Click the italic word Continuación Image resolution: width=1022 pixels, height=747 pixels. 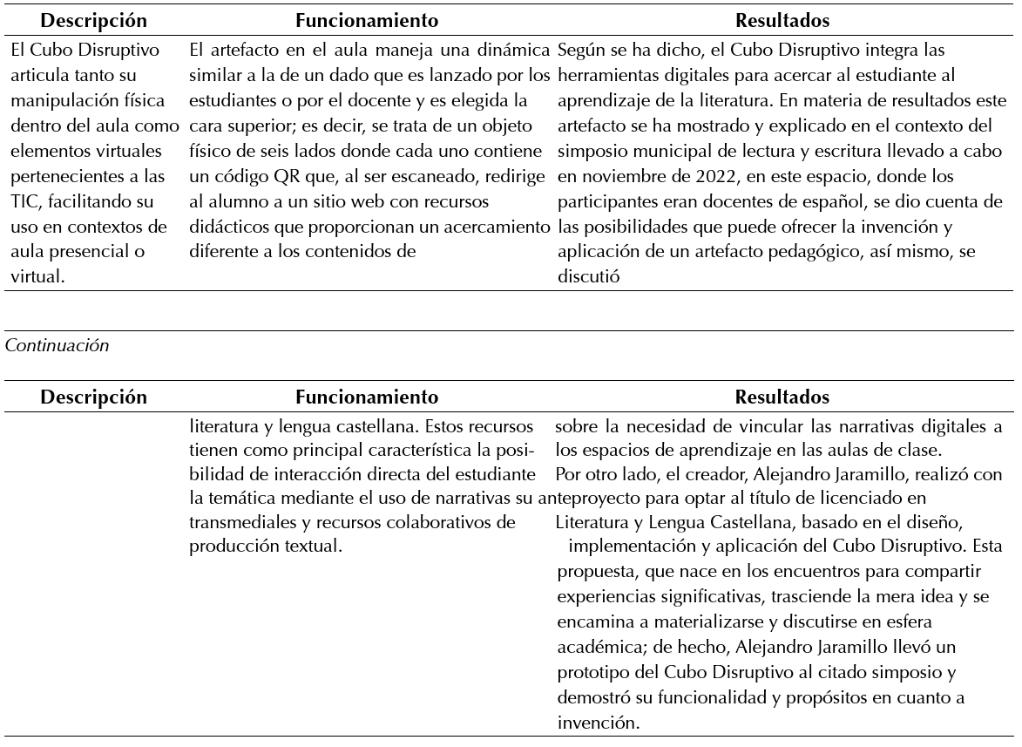click(x=58, y=345)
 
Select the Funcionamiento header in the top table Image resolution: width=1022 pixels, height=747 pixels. click(x=366, y=19)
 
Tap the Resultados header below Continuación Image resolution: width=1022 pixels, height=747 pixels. click(x=782, y=397)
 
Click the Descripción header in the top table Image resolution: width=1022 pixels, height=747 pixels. click(x=94, y=19)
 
